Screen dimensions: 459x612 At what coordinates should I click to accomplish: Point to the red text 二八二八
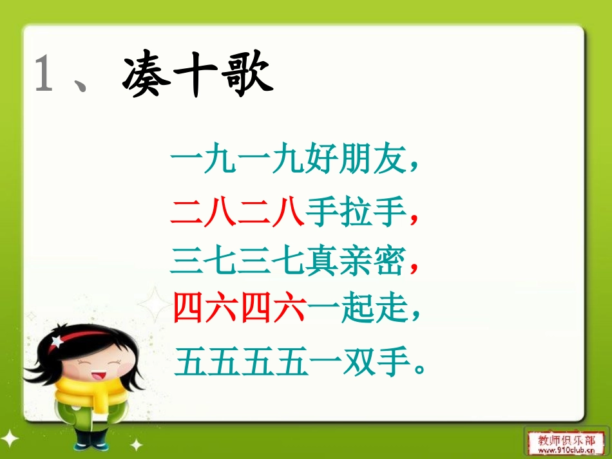point(238,212)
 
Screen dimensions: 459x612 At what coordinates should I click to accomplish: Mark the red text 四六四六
point(238,310)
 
